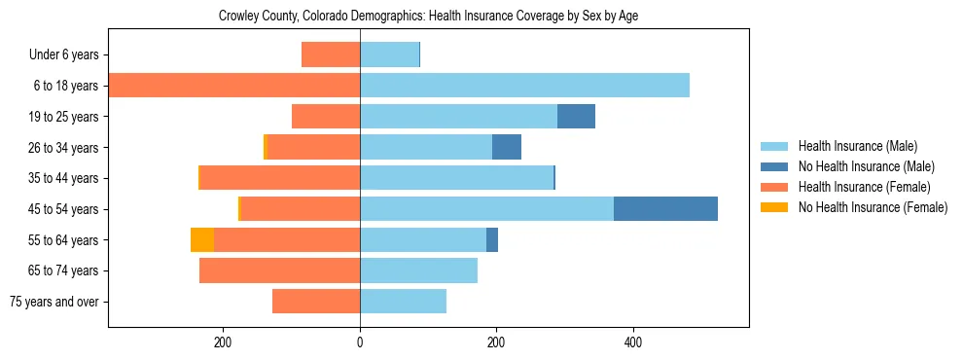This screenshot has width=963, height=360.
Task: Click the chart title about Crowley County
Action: point(428,17)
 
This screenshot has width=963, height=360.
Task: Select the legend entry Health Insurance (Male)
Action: point(856,146)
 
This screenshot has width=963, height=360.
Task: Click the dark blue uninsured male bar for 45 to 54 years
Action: point(665,209)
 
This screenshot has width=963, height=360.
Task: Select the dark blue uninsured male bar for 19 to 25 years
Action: point(576,117)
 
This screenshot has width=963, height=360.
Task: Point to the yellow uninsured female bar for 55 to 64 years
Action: point(202,240)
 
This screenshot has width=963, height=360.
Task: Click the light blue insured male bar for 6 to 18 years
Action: point(524,86)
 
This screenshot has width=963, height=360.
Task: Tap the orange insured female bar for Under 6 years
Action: point(331,54)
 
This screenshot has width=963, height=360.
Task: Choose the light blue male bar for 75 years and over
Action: point(403,302)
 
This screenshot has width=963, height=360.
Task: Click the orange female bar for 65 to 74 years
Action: point(279,270)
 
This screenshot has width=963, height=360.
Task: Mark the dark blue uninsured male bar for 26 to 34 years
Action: point(507,148)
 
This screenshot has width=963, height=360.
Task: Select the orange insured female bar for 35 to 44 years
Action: point(279,178)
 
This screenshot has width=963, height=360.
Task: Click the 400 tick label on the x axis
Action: point(632,342)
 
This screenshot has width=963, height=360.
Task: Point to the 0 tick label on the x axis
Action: point(360,342)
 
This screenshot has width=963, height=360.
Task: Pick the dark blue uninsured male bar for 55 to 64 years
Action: point(492,240)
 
